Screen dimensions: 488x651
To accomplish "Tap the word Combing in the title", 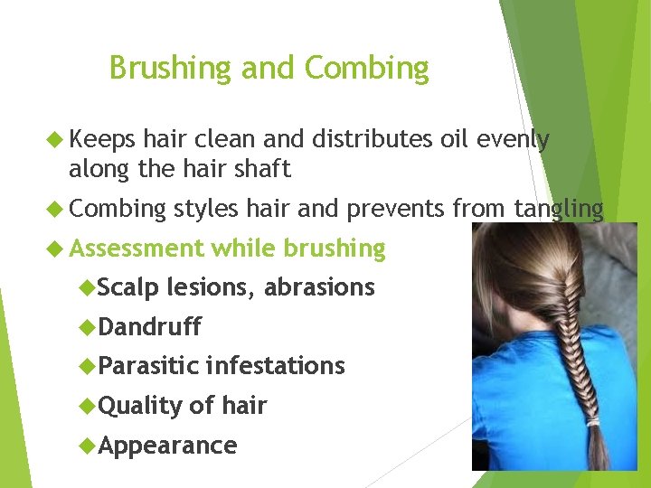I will (366, 69).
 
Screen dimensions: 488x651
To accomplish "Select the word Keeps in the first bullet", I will (101, 139).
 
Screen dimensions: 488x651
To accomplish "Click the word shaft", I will (261, 168).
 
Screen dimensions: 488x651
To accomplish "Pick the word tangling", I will (559, 210).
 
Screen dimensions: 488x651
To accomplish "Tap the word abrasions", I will (319, 287).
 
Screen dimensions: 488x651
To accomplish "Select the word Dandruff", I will (149, 326).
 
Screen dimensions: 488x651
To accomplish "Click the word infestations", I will (275, 366).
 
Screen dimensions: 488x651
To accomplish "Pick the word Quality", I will (139, 406).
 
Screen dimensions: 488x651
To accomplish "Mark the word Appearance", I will (167, 446).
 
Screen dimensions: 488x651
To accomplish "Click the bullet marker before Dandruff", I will (88, 326).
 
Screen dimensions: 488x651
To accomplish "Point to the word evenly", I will (512, 139).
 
